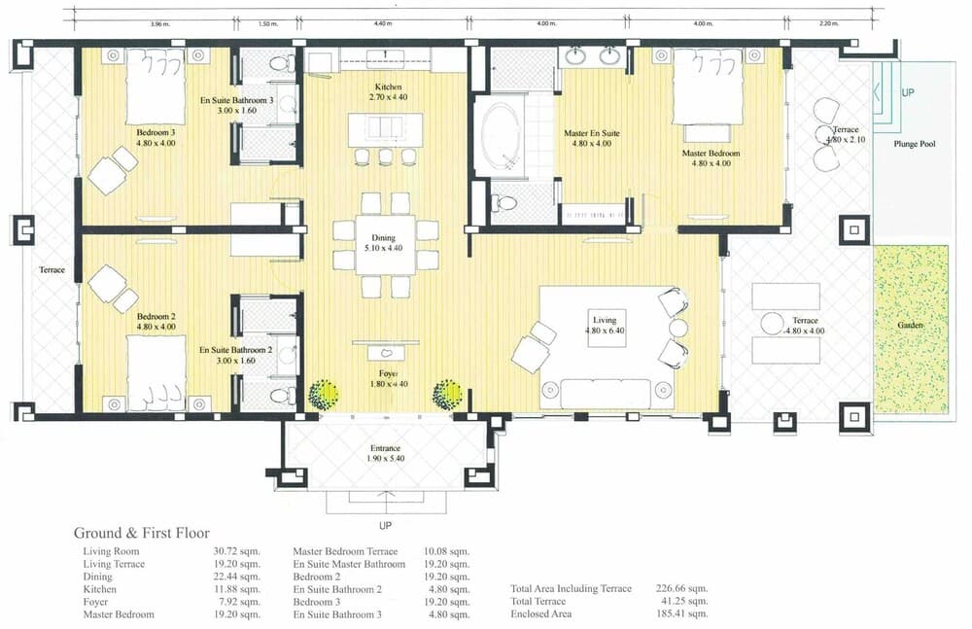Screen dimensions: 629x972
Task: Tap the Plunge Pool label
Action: coord(914,144)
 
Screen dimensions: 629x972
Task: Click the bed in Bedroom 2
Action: coord(156,374)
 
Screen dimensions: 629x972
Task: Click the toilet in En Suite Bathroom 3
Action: coord(281,64)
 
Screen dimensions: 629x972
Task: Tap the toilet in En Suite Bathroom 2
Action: coord(281,396)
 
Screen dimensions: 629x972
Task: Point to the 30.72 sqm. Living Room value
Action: coord(236,552)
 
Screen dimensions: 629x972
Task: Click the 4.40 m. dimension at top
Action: coord(382,23)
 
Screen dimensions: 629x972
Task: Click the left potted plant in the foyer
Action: coord(324,395)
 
